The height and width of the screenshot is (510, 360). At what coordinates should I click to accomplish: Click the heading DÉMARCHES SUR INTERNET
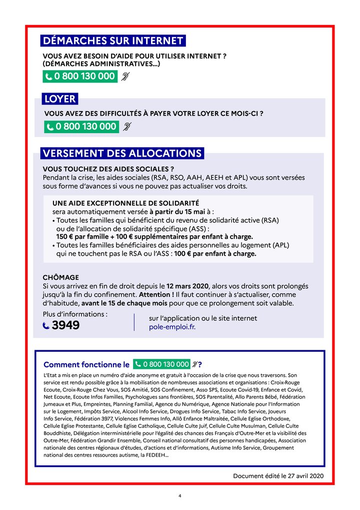tap(113, 41)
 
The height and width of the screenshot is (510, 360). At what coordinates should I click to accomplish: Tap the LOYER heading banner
tap(59, 99)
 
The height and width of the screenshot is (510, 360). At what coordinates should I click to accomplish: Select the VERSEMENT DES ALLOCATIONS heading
tap(122, 153)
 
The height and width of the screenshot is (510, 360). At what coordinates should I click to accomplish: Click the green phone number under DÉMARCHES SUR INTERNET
tap(80, 77)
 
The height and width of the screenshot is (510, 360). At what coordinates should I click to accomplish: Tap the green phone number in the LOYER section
tap(81, 127)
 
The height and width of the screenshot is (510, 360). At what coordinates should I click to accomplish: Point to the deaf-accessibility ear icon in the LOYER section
tap(127, 127)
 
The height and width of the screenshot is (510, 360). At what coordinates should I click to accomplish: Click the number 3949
tap(65, 325)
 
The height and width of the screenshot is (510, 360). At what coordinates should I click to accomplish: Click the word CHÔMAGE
tap(61, 277)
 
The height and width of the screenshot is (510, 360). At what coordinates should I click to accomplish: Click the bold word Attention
tap(156, 295)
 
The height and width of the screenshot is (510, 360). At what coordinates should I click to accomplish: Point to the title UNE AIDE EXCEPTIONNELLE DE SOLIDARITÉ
tap(125, 203)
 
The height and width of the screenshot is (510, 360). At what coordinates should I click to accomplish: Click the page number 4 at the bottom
tap(180, 495)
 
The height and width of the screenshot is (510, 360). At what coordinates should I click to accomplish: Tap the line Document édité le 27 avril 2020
tap(278, 475)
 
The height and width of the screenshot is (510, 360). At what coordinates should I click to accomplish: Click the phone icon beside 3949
tap(46, 326)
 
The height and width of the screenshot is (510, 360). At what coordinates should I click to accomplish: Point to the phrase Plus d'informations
tap(75, 314)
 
